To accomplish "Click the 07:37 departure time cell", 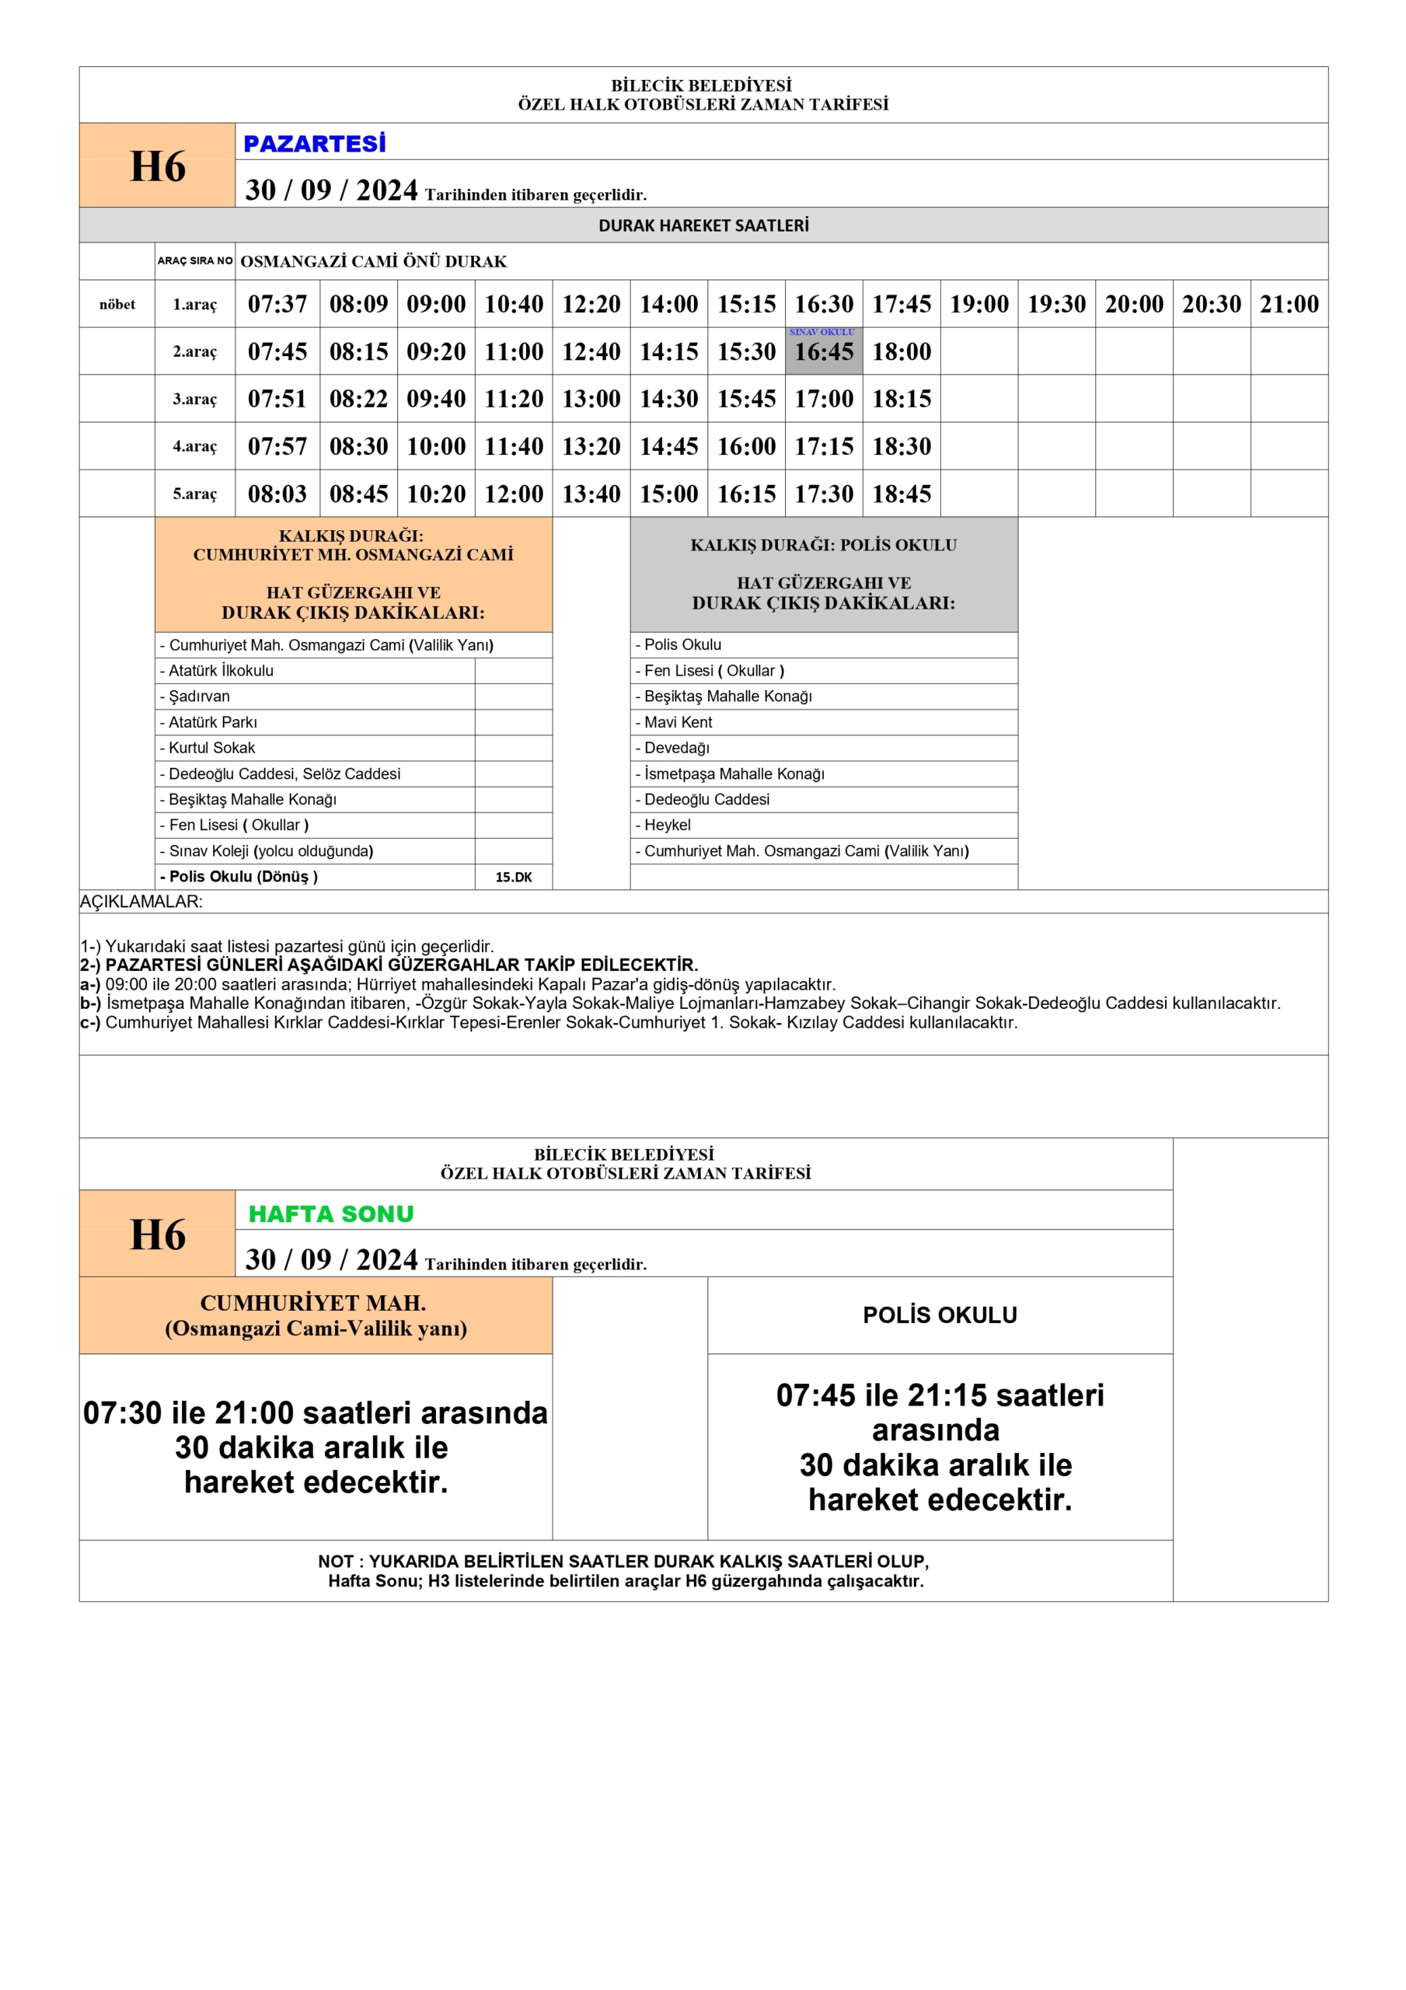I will (277, 304).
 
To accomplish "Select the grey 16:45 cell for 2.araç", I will (824, 352).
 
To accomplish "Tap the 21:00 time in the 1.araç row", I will (1289, 304).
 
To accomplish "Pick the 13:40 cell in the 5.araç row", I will (591, 494).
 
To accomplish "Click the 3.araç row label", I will (194, 399).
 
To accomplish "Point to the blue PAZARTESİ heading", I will (315, 144).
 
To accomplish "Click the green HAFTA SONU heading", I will (331, 1213).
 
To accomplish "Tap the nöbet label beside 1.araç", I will (117, 304).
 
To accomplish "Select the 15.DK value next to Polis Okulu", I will (513, 877).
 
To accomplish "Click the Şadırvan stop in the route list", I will (200, 696).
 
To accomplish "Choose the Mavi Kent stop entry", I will (678, 722).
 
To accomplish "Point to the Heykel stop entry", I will (667, 825).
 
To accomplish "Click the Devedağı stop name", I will (676, 748).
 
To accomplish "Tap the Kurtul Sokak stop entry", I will (211, 748).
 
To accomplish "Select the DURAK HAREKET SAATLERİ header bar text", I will (703, 225).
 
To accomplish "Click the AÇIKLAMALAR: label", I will (141, 902).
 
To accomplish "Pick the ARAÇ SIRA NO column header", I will (195, 261).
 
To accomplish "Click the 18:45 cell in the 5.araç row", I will (902, 494).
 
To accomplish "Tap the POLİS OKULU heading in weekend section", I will (940, 1314).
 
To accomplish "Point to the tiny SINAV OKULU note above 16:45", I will (822, 332).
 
